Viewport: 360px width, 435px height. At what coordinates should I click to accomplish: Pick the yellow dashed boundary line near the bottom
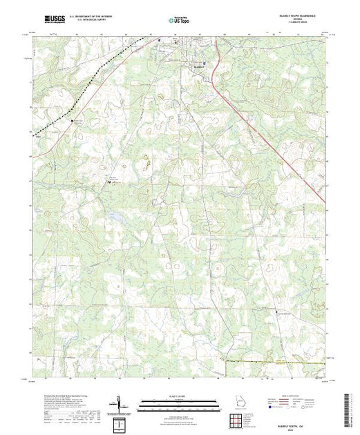[276, 360]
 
